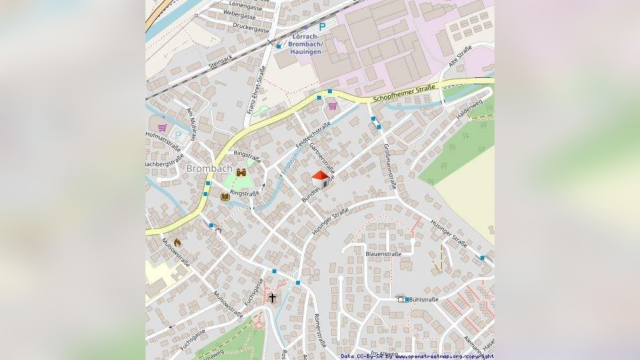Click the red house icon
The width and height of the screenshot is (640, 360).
coord(320,179)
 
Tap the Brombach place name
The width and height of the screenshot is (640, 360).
coord(209,169)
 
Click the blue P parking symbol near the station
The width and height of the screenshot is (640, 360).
coord(322,27)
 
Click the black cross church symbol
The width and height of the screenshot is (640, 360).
coord(272,298)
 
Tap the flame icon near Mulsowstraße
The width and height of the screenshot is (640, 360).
coord(177,243)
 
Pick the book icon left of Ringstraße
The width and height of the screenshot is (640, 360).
coord(225,197)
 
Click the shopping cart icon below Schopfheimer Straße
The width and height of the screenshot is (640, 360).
coord(332,106)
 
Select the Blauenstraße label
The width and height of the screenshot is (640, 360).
coord(383,254)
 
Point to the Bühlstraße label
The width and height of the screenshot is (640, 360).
coord(424,299)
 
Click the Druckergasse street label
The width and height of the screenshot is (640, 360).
coord(251,29)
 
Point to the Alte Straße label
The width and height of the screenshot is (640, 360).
coord(460,56)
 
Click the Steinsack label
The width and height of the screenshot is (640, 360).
coord(222,61)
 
